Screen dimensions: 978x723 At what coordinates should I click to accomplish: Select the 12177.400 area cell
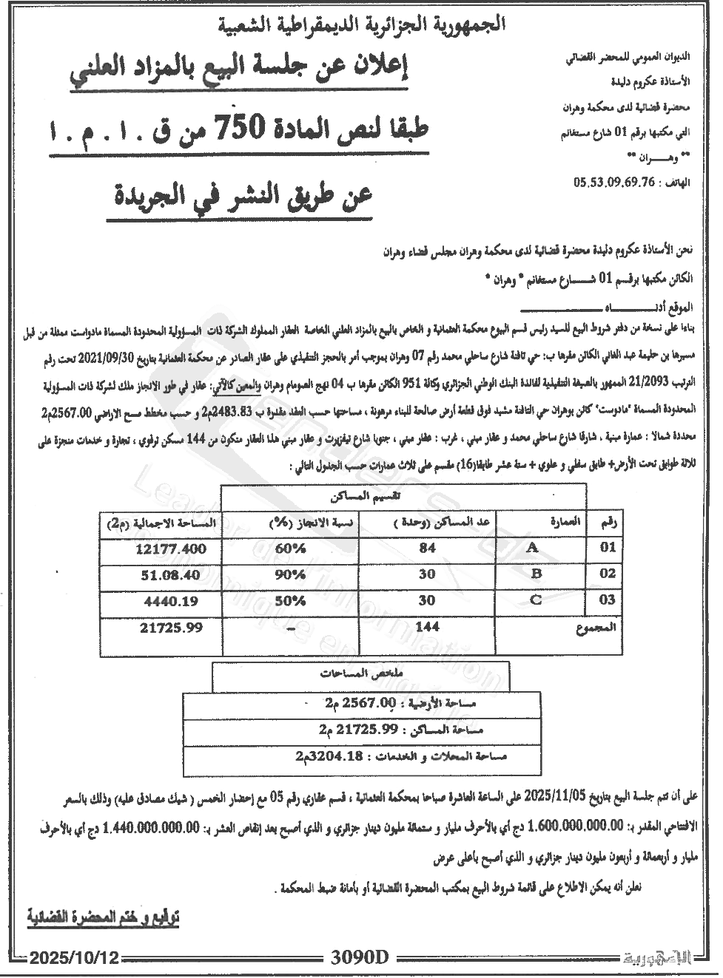pyautogui.click(x=170, y=549)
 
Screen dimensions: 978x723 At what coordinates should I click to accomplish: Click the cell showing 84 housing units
pyautogui.click(x=427, y=549)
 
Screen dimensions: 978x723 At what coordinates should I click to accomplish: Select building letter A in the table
pyautogui.click(x=531, y=549)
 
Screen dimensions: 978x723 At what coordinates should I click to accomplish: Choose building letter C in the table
pyautogui.click(x=536, y=600)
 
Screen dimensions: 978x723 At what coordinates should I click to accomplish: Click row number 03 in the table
pyautogui.click(x=607, y=600)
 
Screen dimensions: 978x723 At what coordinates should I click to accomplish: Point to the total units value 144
pyautogui.click(x=427, y=626)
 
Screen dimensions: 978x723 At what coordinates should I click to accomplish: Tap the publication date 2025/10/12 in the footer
pyautogui.click(x=74, y=958)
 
